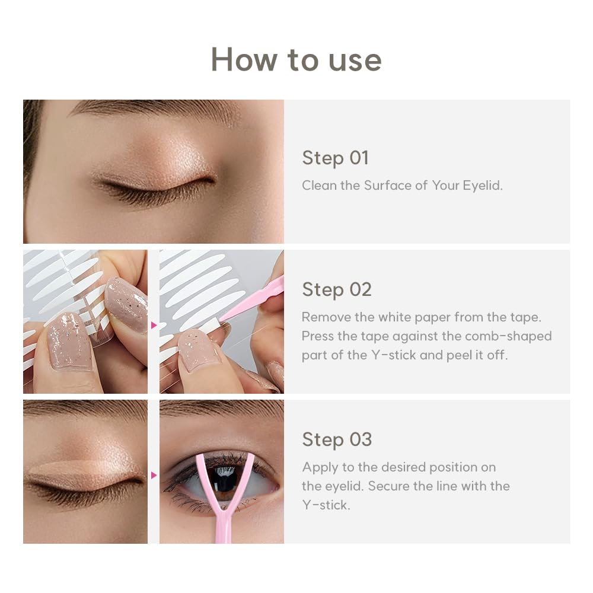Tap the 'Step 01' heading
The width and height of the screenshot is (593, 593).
pyautogui.click(x=335, y=158)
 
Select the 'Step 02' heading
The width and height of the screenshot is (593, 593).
pyautogui.click(x=336, y=289)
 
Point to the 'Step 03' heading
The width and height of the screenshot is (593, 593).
pyautogui.click(x=336, y=439)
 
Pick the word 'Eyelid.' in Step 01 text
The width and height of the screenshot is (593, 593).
pyautogui.click(x=483, y=185)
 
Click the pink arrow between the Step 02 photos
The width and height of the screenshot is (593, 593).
pyautogui.click(x=154, y=325)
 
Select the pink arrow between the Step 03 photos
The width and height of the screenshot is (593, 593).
pyautogui.click(x=154, y=475)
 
